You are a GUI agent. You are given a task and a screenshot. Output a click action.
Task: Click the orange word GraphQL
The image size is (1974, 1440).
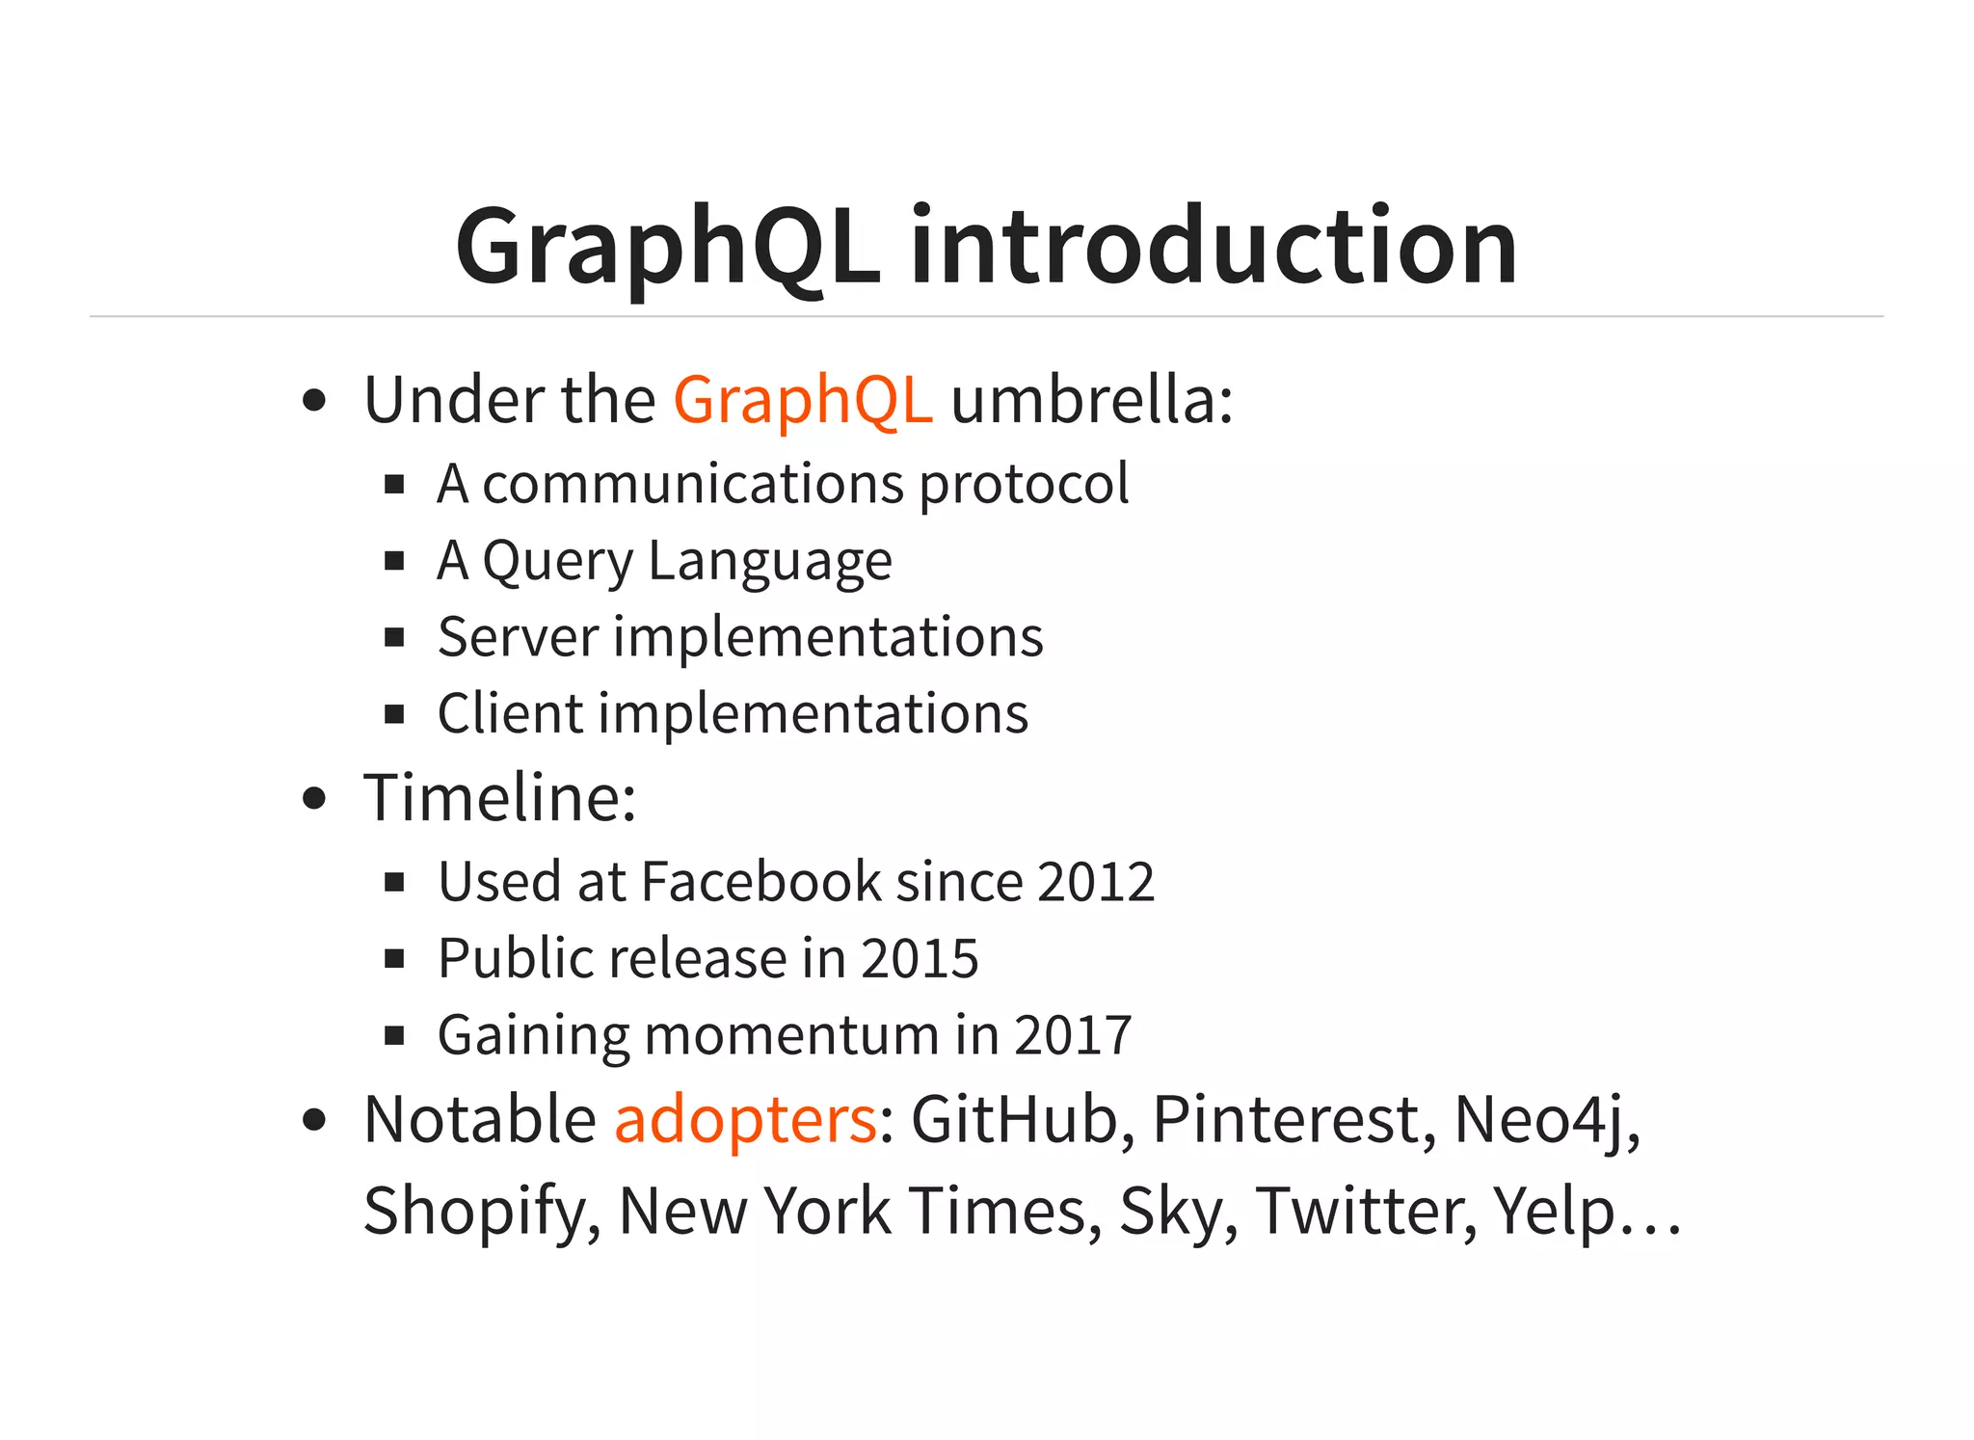[802, 399]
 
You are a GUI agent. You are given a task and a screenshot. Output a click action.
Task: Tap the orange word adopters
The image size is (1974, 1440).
[745, 1119]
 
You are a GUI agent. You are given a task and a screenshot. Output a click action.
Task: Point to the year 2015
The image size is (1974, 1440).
[920, 958]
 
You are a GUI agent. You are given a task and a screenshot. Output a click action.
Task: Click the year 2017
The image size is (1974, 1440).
[1072, 1035]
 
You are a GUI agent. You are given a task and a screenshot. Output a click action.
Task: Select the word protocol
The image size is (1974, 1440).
[1023, 484]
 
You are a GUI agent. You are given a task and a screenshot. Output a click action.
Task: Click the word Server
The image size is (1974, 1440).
[518, 637]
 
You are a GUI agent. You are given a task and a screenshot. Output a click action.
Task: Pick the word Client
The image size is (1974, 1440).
[510, 714]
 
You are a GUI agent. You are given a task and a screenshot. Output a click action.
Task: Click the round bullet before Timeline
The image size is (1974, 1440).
[314, 799]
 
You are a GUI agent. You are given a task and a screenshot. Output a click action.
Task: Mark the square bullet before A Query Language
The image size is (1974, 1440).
[393, 561]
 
